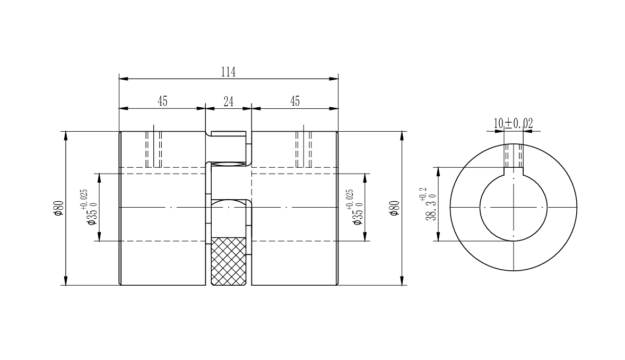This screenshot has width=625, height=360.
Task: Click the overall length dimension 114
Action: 228,72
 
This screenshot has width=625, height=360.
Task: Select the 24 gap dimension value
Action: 228,102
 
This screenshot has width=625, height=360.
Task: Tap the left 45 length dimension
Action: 162,101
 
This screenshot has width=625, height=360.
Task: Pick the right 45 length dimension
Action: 294,101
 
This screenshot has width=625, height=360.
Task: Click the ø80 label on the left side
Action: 58,208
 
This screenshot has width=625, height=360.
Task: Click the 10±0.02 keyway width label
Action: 514,123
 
